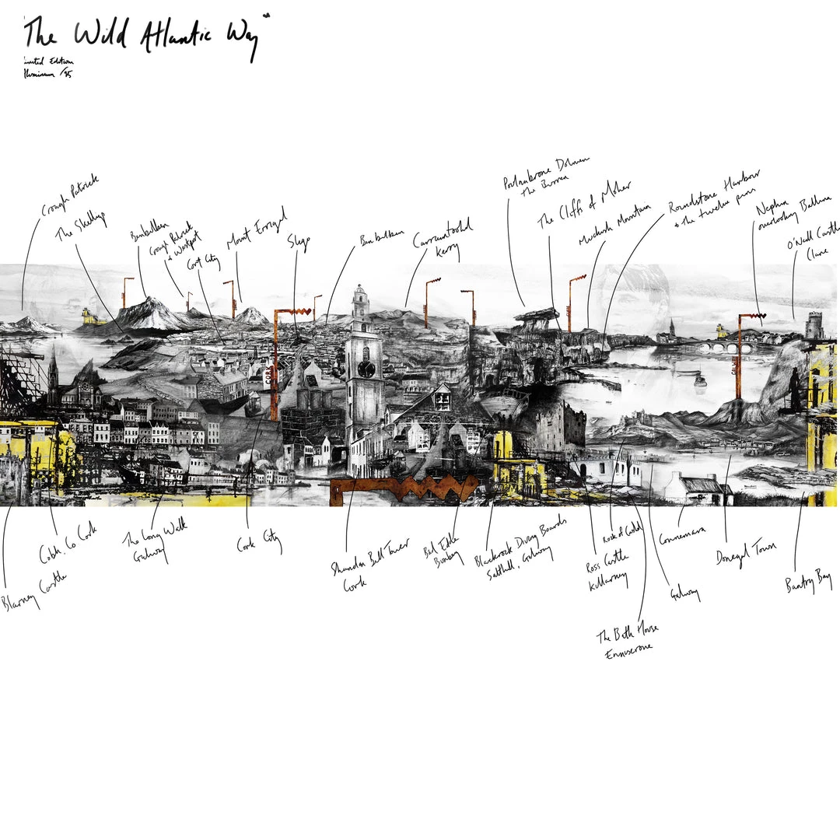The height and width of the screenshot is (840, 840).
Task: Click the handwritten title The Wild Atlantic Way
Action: tap(144, 35)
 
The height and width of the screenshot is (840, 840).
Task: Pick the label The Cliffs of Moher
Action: tap(583, 205)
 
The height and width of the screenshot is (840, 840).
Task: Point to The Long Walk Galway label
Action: tap(155, 541)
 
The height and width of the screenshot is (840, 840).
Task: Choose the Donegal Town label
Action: tap(746, 552)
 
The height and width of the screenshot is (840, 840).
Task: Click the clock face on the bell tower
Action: tap(366, 369)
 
